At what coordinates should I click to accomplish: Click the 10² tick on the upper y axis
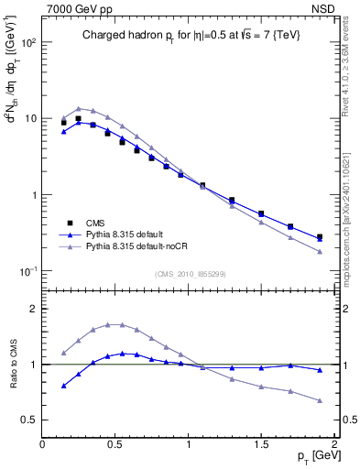[28, 43]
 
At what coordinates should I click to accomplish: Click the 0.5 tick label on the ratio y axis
[27, 420]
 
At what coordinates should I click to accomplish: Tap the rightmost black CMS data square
[320, 237]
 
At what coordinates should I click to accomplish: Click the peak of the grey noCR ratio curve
[115, 324]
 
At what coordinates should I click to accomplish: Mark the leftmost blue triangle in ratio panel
[64, 386]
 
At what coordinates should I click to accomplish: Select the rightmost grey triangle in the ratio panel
[320, 400]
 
